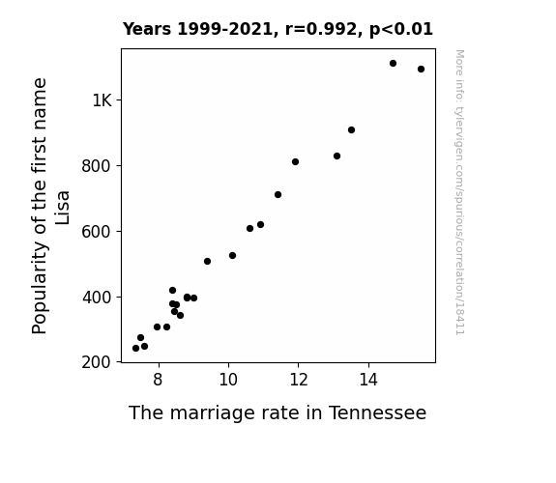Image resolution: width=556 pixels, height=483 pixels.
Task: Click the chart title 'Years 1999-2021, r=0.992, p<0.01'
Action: (278, 29)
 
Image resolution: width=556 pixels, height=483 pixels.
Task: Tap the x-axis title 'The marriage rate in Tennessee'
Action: (278, 412)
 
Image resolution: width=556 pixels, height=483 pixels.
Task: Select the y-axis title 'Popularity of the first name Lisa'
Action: (50, 206)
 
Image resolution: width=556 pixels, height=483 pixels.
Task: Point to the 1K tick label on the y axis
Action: (102, 100)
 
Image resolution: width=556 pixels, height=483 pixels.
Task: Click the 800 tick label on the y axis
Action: (97, 166)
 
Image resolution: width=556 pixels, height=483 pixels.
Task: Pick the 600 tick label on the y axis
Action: (97, 232)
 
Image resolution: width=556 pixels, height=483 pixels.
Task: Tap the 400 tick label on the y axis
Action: (97, 297)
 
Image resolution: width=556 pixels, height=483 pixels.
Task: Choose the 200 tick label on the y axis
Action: (97, 362)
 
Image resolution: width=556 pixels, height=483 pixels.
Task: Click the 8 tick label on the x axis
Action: (159, 380)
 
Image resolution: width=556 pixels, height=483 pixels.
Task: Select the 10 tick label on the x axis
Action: (228, 380)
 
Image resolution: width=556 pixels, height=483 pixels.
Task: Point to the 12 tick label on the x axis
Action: (299, 380)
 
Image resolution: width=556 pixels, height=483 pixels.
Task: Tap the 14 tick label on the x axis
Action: (368, 380)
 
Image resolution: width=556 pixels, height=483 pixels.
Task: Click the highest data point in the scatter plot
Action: (393, 64)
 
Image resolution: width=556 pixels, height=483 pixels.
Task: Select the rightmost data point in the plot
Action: (421, 70)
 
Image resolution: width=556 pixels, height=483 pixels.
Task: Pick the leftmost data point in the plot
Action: (135, 349)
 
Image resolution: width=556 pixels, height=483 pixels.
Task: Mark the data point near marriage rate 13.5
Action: (351, 130)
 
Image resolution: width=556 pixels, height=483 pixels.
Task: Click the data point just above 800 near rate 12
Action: (295, 162)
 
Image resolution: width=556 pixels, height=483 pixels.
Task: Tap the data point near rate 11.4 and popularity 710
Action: (278, 194)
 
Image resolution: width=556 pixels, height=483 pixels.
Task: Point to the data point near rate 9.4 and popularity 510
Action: (208, 262)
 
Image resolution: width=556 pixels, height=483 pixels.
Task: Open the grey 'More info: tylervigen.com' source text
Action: (459, 192)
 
